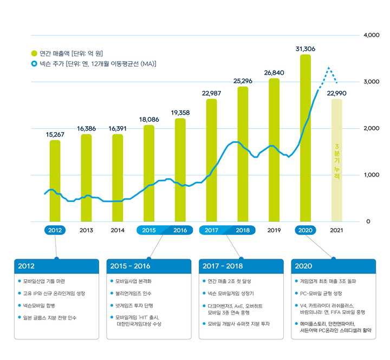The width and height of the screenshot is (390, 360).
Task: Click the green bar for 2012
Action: click(x=55, y=180)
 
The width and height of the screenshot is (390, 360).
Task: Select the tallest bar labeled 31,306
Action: click(x=305, y=138)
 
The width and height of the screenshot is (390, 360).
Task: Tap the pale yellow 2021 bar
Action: click(x=337, y=160)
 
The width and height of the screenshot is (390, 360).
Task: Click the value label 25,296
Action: click(x=243, y=81)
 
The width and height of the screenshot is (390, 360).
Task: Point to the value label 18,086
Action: click(x=149, y=119)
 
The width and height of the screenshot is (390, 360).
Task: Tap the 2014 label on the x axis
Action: click(x=118, y=230)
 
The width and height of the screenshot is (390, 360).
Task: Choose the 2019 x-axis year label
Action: click(x=274, y=230)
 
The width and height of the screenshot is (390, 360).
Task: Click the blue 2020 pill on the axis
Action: click(x=305, y=230)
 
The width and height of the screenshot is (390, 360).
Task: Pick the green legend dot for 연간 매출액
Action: click(x=34, y=54)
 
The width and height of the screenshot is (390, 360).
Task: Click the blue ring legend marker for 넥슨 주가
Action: click(x=34, y=64)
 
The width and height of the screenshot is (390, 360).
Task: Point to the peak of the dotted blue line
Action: click(x=329, y=68)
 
